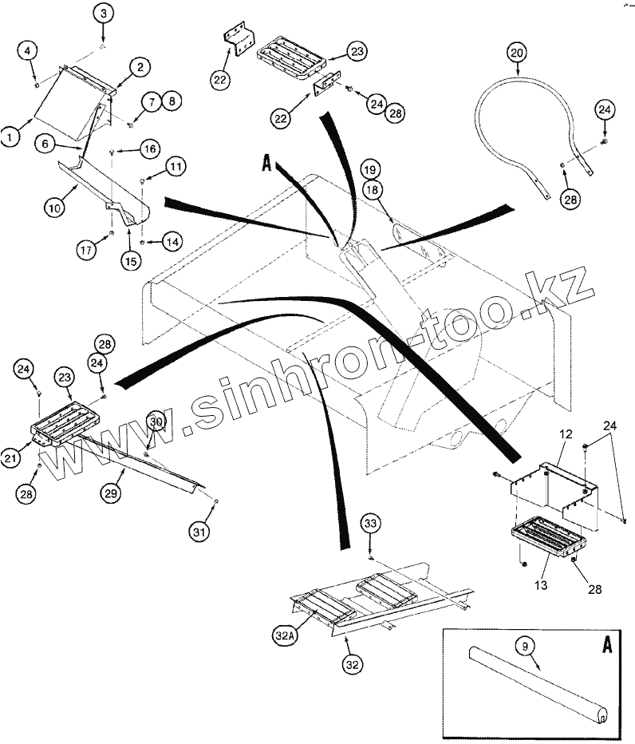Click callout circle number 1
[10, 137]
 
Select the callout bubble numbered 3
[104, 14]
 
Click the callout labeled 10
[54, 208]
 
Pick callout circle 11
[176, 167]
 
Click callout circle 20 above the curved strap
[516, 53]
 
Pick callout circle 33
[370, 525]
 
